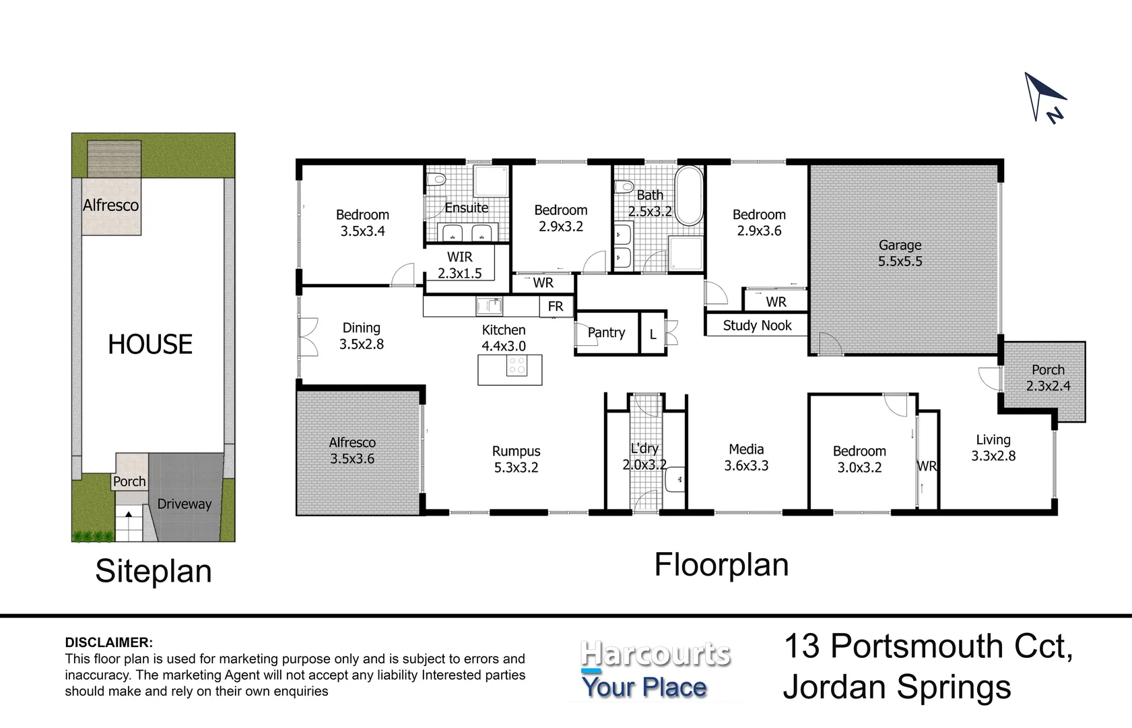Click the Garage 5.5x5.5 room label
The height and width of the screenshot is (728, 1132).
click(900, 253)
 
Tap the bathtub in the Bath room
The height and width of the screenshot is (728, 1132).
click(689, 195)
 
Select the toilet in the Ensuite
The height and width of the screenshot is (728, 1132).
click(436, 179)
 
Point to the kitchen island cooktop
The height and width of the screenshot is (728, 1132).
click(517, 366)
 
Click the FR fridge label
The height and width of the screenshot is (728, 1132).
click(556, 307)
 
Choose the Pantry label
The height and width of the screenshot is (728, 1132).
click(607, 333)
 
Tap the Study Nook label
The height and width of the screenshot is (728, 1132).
click(757, 326)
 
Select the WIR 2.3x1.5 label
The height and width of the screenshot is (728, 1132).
click(460, 265)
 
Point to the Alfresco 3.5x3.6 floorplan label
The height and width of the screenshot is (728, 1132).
click(352, 451)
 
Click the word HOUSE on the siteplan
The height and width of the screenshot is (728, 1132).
click(150, 344)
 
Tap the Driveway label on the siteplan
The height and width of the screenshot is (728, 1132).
click(184, 504)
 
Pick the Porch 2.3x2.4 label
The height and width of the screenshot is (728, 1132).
click(1048, 378)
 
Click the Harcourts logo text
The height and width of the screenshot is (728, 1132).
click(655, 654)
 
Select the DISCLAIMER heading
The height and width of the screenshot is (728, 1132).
click(108, 642)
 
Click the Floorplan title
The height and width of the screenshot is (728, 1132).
click(721, 565)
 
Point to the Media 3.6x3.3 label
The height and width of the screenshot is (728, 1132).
click(746, 457)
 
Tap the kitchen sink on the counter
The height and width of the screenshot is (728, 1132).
click(489, 306)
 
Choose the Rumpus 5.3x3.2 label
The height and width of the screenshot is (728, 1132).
click(516, 459)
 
